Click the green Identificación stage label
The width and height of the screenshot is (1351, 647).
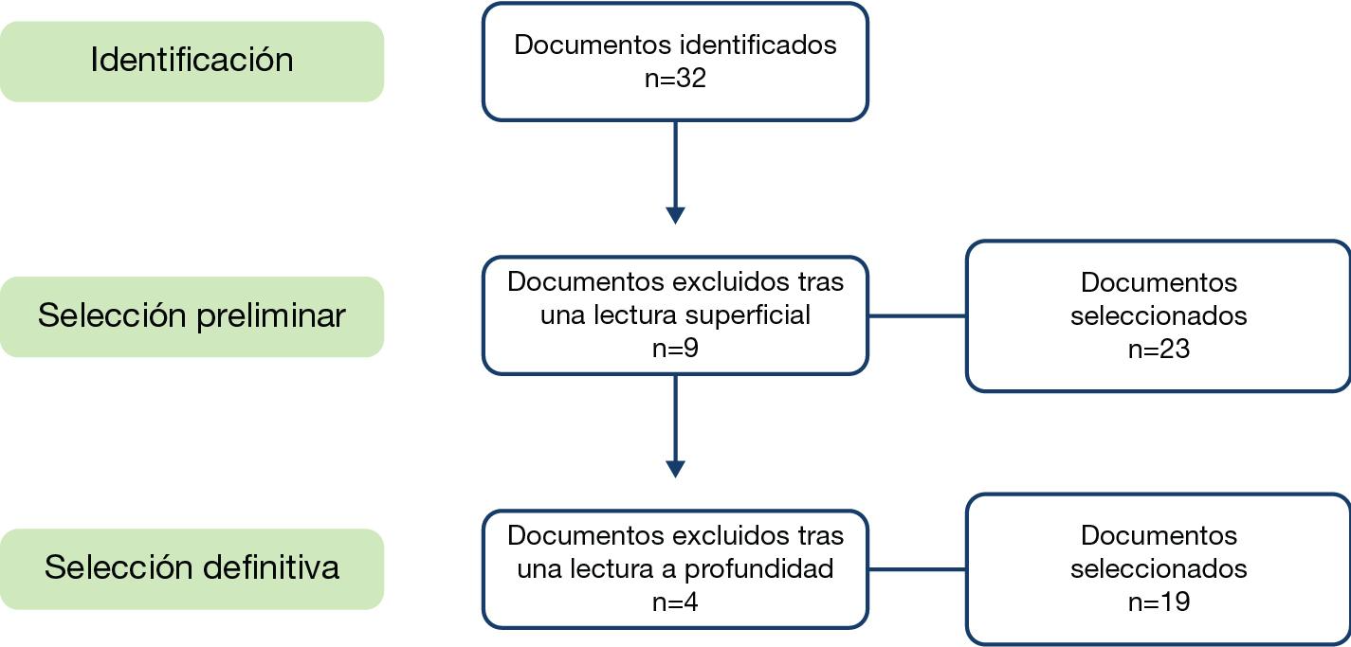click(x=192, y=62)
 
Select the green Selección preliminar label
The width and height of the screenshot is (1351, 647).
click(x=192, y=316)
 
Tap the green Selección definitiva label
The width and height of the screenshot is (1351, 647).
click(x=192, y=568)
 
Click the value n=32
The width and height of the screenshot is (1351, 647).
click(x=675, y=79)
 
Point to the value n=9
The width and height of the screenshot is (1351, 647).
click(x=675, y=349)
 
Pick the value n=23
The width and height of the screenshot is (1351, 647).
click(x=1159, y=350)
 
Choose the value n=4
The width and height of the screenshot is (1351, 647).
click(x=675, y=602)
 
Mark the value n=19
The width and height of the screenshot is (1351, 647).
click(x=1159, y=602)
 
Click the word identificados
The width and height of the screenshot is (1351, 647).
click(x=758, y=45)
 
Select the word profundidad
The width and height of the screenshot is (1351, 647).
click(x=758, y=568)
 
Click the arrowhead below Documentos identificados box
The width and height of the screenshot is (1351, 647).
click(x=675, y=216)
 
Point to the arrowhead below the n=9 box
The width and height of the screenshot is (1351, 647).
click(x=675, y=469)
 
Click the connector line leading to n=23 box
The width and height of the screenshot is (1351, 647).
click(x=917, y=315)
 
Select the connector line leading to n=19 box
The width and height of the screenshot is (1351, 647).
click(x=917, y=568)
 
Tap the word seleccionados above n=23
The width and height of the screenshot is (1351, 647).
click(x=1159, y=316)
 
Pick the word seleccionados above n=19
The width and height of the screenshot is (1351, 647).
click(x=1159, y=568)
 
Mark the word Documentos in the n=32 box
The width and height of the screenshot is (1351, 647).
click(x=593, y=45)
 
